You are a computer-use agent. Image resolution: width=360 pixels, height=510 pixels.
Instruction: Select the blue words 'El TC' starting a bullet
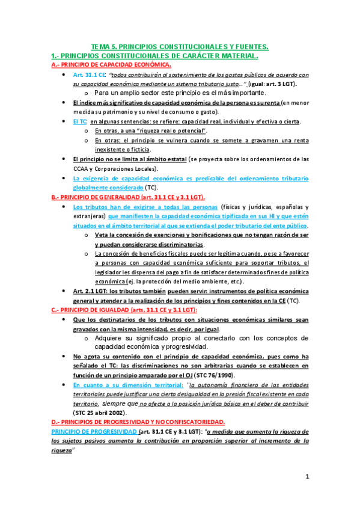(x=79, y=121)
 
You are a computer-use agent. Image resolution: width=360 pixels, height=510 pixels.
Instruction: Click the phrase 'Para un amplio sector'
(x=132, y=93)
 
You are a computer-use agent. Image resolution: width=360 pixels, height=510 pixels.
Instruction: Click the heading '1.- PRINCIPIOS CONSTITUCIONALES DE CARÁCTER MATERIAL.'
(x=156, y=55)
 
